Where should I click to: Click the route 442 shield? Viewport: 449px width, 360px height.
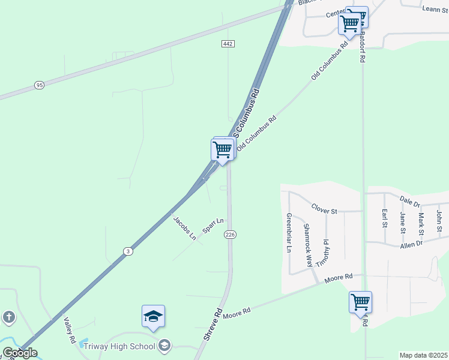click(228, 44)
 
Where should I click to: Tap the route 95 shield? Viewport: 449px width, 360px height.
click(40, 85)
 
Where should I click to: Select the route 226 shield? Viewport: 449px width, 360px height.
click(229, 234)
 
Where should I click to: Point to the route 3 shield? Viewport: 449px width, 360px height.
click(128, 251)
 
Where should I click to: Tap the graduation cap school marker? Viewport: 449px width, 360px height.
click(154, 316)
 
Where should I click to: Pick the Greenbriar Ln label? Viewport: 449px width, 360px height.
click(289, 232)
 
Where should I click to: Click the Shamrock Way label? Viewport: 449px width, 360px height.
click(307, 245)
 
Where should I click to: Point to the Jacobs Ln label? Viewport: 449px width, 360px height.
click(185, 228)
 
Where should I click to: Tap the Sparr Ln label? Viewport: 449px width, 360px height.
click(212, 226)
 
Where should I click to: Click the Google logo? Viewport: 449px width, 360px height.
click(20, 353)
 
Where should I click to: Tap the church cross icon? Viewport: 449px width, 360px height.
click(8, 317)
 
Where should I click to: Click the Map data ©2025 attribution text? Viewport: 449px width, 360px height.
click(423, 355)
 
